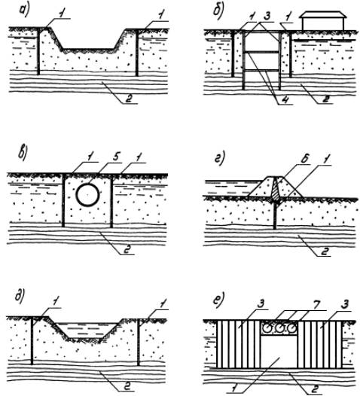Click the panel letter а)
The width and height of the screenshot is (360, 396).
[25, 11]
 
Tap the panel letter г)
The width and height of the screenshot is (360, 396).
[219, 160]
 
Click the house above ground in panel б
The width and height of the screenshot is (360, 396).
[322, 21]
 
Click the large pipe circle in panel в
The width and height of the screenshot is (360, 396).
[87, 195]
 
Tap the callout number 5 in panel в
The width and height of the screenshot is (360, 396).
[115, 157]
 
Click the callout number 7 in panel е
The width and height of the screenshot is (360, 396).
[318, 304]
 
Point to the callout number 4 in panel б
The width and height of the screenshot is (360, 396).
[285, 99]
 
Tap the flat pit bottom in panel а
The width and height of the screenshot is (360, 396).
[88, 49]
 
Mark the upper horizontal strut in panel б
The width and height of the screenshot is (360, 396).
[261, 52]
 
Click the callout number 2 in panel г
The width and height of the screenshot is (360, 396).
[326, 251]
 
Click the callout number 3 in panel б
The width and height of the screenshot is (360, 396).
[267, 16]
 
